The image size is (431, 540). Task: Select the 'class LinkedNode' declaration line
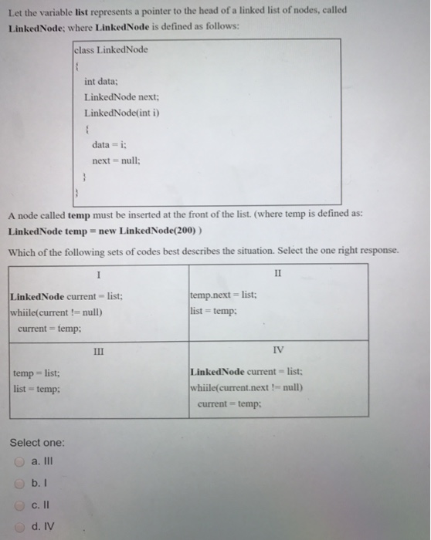click(111, 50)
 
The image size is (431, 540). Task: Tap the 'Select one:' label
click(37, 443)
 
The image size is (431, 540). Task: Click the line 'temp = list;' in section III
click(32, 373)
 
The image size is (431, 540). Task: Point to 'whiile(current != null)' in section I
click(57, 312)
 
